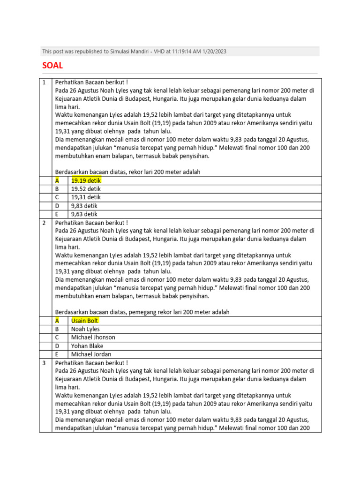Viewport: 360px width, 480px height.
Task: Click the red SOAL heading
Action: click(x=52, y=65)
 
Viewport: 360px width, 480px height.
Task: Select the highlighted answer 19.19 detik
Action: click(x=86, y=180)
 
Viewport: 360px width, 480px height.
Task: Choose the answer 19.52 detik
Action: click(x=86, y=189)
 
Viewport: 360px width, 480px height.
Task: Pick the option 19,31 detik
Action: click(x=86, y=197)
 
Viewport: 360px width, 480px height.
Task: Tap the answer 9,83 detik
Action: click(x=84, y=206)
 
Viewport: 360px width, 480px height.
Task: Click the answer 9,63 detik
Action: click(x=84, y=214)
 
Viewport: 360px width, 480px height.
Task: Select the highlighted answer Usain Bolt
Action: click(x=85, y=321)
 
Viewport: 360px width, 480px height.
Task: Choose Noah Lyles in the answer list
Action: click(x=85, y=329)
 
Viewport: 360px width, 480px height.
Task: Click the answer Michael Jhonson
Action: click(x=93, y=337)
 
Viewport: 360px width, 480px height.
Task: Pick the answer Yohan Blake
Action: click(x=87, y=346)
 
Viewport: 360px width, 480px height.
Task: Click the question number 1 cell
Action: click(x=44, y=82)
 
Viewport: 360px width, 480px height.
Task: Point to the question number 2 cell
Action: click(x=44, y=223)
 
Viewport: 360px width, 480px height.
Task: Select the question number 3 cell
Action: click(x=44, y=363)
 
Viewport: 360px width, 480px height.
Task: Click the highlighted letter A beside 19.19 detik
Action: click(x=57, y=180)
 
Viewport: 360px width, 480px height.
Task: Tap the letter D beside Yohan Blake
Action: click(x=57, y=346)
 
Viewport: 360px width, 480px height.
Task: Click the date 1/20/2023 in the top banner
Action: click(x=213, y=52)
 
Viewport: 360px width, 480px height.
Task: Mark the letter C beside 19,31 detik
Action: click(x=57, y=197)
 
